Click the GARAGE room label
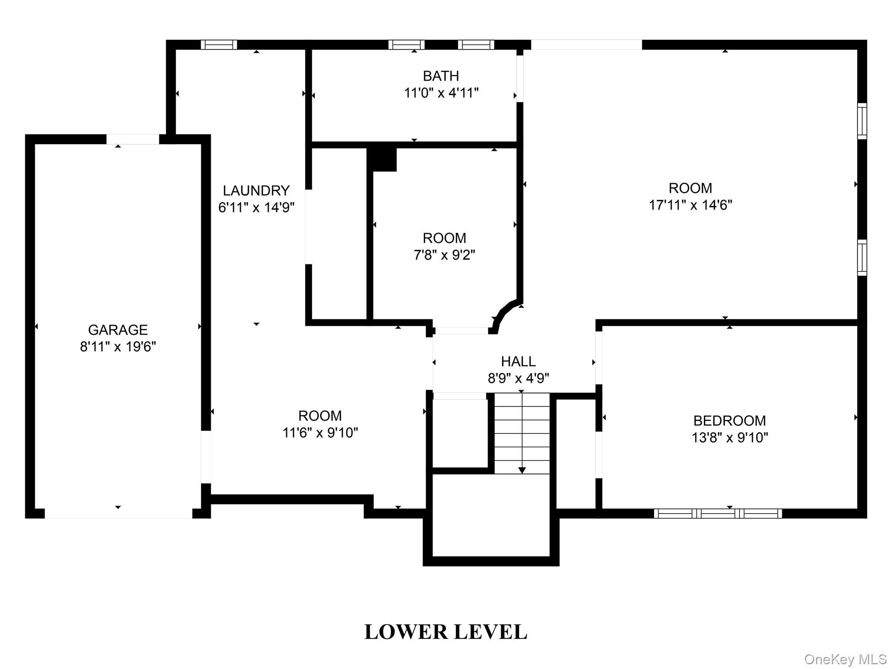(x=118, y=330)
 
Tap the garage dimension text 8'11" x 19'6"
(x=118, y=347)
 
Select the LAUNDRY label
(x=256, y=191)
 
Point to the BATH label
(x=441, y=76)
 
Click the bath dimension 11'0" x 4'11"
(x=441, y=93)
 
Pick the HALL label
(x=518, y=362)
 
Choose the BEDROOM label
(x=730, y=421)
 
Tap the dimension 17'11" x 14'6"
(x=690, y=205)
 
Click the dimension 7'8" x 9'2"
(x=444, y=255)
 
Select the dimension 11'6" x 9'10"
(x=320, y=433)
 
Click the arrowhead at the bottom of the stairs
(x=522, y=470)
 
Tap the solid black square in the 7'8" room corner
(x=382, y=159)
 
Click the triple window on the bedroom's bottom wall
(x=718, y=514)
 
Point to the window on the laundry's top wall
(x=219, y=44)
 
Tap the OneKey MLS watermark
(x=845, y=659)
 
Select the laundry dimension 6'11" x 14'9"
(x=256, y=208)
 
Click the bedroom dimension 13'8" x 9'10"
(x=730, y=438)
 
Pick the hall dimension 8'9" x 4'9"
(x=518, y=378)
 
